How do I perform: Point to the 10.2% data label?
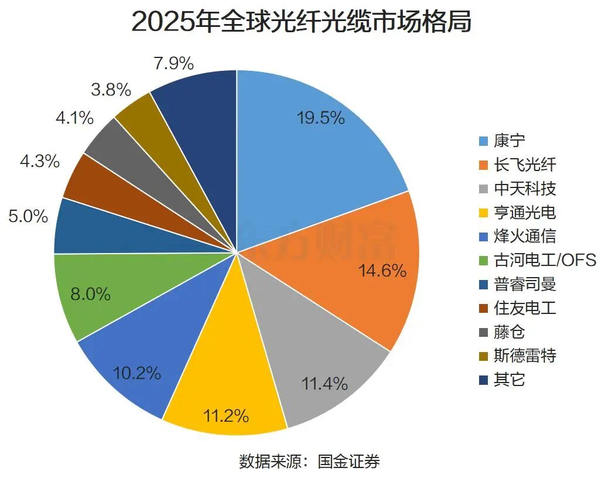click(136, 373)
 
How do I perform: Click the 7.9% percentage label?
click(173, 63)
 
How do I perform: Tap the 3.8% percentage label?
click(111, 90)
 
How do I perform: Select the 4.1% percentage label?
click(75, 118)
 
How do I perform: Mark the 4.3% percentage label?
click(40, 161)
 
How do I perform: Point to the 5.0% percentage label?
click(28, 216)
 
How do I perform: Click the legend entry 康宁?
click(502, 141)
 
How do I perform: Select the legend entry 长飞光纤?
click(517, 165)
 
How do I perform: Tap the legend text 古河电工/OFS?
click(545, 261)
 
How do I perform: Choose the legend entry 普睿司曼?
click(517, 284)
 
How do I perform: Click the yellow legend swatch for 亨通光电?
click(483, 213)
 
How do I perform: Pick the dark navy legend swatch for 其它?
click(483, 380)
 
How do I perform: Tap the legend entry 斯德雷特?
click(517, 356)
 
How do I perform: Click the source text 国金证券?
click(349, 462)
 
